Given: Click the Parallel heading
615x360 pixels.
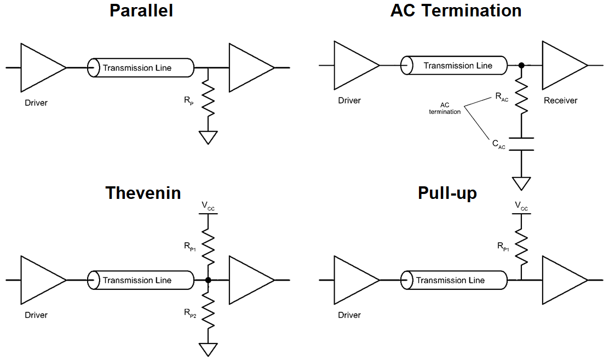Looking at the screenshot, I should tap(141, 10).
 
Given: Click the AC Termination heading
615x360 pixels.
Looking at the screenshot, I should tap(456, 10).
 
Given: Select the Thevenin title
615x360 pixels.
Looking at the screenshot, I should tap(143, 192).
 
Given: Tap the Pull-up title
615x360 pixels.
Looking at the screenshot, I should tap(447, 192).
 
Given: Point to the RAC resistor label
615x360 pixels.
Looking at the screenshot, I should tap(501, 97).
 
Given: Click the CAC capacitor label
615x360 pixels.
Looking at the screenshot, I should tap(498, 145).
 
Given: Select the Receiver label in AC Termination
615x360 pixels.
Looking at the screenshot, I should tap(560, 101).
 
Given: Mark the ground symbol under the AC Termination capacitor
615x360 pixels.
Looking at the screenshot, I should tap(521, 182).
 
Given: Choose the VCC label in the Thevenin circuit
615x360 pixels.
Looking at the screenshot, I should tap(208, 206).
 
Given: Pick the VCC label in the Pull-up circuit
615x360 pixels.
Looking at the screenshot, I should tap(521, 206).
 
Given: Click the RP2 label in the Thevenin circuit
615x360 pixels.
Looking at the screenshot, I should tap(190, 313).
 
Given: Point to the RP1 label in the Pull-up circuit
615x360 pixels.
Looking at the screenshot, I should tap(503, 247).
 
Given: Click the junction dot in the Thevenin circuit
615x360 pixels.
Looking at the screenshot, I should tap(208, 280).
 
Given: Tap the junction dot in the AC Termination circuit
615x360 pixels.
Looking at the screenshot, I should tap(521, 66).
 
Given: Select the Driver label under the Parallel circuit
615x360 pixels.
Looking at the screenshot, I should tap(36, 103).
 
